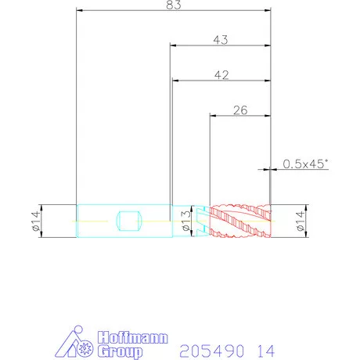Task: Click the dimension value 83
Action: tap(174, 5)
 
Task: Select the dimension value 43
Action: tap(221, 40)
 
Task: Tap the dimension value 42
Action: tap(221, 75)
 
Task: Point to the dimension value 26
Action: tap(240, 110)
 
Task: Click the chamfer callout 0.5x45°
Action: tap(304, 164)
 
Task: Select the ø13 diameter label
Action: tap(186, 221)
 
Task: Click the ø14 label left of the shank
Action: tap(36, 221)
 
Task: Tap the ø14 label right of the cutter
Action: tap(301, 221)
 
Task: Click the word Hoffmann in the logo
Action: tap(133, 337)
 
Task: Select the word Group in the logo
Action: tap(121, 351)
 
